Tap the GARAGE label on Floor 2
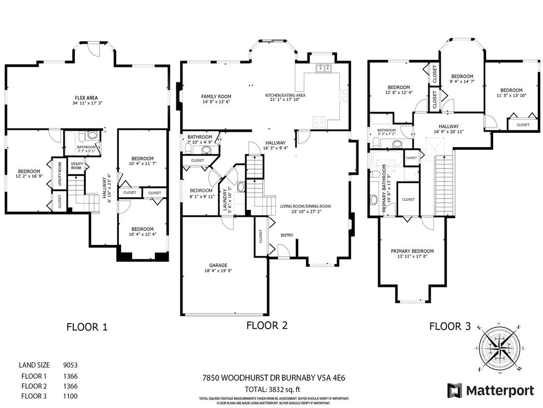(218, 265)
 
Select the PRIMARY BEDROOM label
(412, 251)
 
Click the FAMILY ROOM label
(216, 97)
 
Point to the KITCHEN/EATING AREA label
(285, 96)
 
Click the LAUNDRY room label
(224, 201)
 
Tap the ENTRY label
(287, 235)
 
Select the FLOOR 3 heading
(450, 327)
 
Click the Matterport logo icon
(454, 390)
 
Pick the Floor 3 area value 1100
(71, 396)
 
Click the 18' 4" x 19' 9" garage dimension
(218, 271)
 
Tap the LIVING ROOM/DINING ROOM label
(305, 206)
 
